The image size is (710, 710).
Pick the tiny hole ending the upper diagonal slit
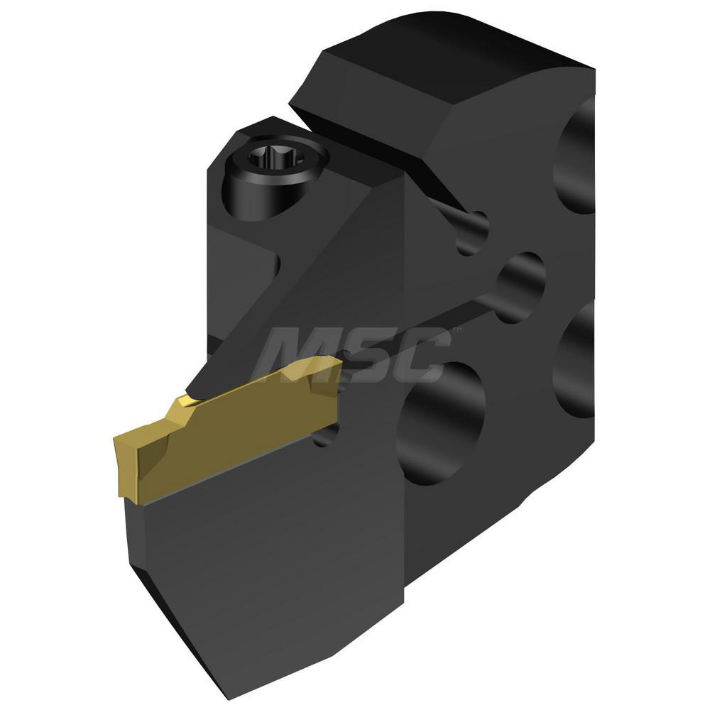point(471,231)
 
